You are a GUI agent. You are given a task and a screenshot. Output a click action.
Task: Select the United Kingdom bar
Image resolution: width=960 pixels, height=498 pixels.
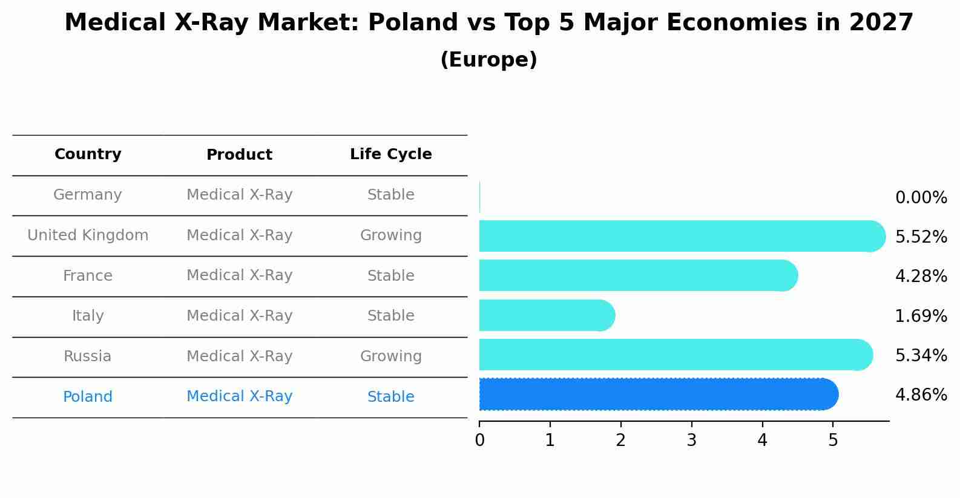click(x=682, y=236)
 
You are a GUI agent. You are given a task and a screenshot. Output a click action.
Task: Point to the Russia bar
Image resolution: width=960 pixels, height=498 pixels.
click(x=676, y=355)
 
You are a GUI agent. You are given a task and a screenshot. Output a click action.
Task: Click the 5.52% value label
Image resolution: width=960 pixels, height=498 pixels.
click(x=921, y=237)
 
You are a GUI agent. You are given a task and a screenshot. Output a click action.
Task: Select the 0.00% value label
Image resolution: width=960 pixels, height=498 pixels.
click(x=921, y=198)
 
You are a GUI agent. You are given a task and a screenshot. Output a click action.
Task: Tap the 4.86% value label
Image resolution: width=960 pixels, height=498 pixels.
click(x=921, y=395)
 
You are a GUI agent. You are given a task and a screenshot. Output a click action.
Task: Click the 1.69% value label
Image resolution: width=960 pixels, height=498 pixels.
click(x=921, y=316)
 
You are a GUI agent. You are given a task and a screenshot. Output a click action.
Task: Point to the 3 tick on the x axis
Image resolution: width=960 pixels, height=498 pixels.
click(x=692, y=441)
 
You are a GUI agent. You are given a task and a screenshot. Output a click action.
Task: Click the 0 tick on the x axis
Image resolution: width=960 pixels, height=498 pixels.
click(x=480, y=441)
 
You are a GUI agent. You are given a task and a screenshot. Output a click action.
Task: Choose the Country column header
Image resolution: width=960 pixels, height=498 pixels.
click(x=88, y=154)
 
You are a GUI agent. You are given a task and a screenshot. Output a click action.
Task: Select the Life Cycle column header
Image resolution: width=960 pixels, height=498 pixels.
click(x=391, y=154)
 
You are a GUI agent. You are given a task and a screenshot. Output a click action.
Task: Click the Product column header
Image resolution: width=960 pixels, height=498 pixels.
click(x=239, y=155)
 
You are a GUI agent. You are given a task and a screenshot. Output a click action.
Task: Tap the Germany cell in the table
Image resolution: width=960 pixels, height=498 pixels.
click(x=88, y=195)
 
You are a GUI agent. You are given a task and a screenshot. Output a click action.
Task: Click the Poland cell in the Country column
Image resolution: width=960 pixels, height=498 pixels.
click(x=88, y=397)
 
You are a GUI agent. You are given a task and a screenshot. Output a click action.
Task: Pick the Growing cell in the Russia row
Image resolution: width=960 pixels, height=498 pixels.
click(x=391, y=356)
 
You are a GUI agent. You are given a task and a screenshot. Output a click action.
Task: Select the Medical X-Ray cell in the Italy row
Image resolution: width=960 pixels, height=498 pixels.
click(x=239, y=316)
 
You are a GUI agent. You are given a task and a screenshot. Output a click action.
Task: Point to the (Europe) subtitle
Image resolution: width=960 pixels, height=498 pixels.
click(x=488, y=60)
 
